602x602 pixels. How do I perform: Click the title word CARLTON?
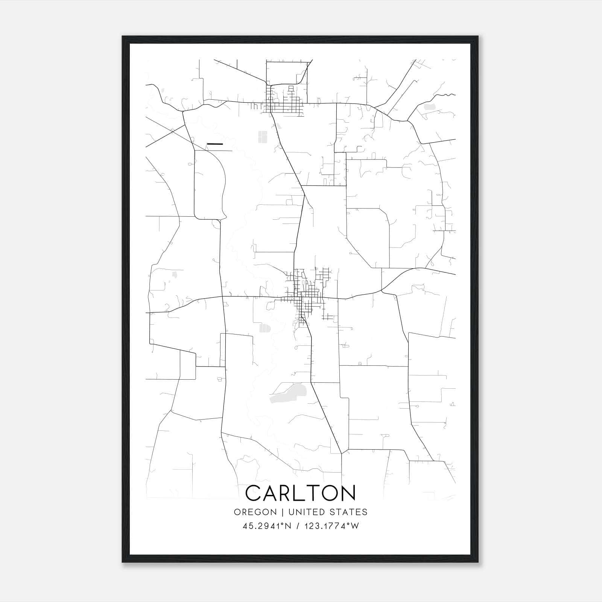click(300, 493)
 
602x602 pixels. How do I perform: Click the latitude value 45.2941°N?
click(267, 526)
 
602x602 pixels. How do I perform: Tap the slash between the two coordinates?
click(298, 526)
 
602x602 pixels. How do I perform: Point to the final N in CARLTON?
click(348, 493)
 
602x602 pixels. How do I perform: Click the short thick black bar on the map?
click(215, 144)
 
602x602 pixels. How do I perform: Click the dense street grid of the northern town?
click(284, 102)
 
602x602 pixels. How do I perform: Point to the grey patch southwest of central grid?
click(265, 328)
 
